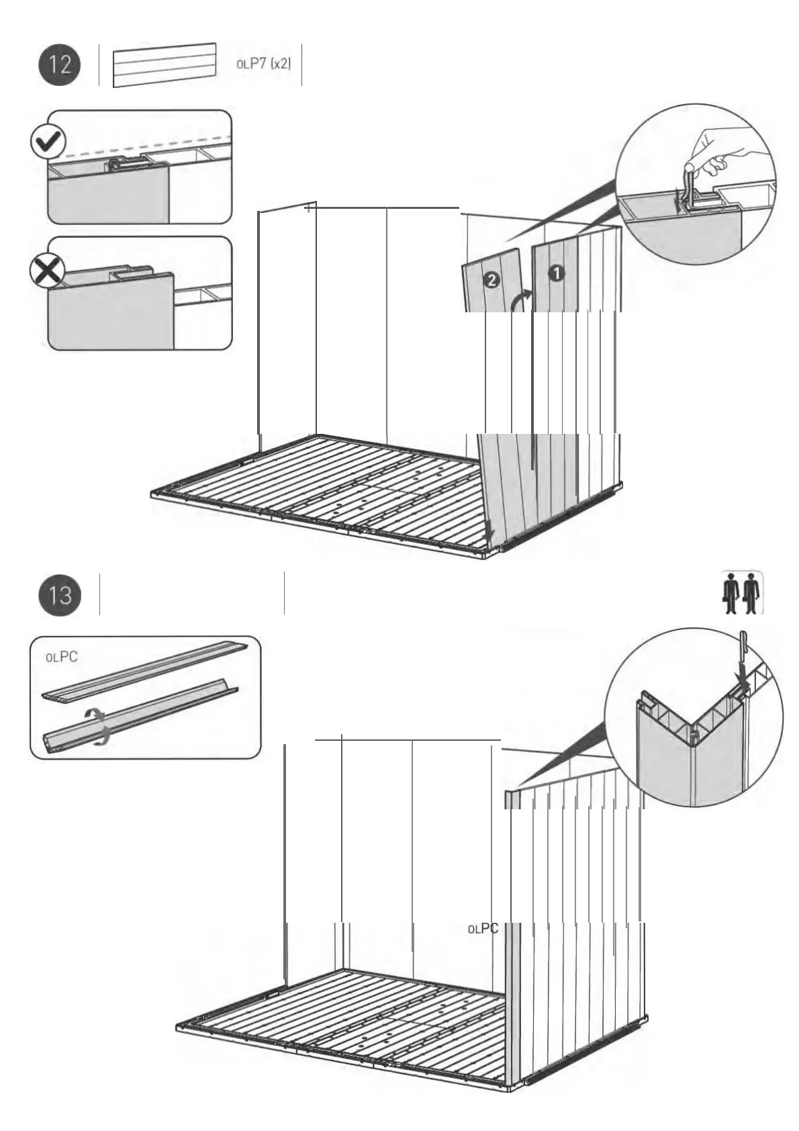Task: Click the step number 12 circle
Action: tap(60, 64)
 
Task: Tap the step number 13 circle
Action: tap(60, 594)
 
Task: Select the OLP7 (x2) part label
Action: tap(263, 64)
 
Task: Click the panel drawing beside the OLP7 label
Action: tap(164, 65)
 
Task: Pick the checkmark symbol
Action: tap(48, 142)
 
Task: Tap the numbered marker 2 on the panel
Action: tap(491, 281)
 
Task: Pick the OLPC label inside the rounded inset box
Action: tap(61, 656)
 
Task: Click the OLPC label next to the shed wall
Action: tap(483, 929)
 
